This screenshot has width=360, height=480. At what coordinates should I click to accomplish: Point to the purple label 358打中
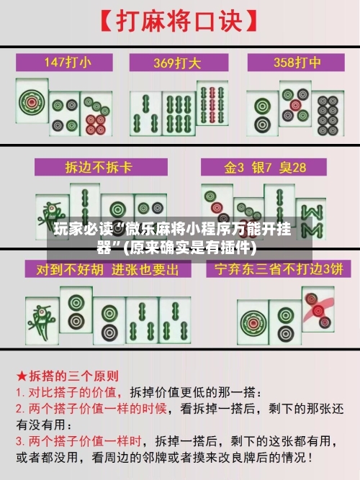(295, 62)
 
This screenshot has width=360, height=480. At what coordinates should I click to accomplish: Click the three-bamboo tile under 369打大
(147, 108)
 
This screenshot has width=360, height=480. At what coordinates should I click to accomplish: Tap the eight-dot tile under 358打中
(328, 115)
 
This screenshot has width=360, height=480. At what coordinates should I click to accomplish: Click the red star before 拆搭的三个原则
(22, 376)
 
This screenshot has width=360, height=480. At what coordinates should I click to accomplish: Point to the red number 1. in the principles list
(22, 393)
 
